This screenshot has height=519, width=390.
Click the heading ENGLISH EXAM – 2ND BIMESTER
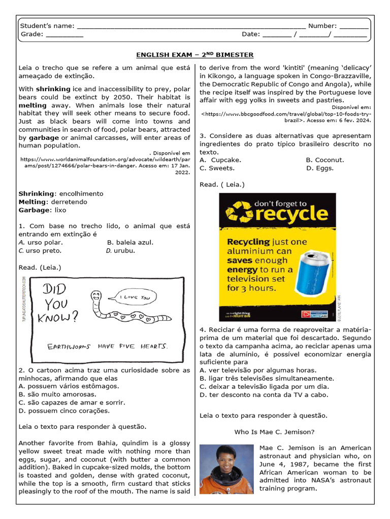tap(194, 55)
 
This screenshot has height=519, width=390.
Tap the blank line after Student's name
tap(190, 27)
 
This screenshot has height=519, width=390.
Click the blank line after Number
tap(354, 27)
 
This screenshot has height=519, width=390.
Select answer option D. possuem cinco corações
tap(64, 411)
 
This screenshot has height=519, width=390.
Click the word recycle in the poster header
tap(291, 213)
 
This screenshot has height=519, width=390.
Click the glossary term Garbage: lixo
tap(43, 210)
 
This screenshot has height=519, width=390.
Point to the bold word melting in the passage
tap(32, 105)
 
